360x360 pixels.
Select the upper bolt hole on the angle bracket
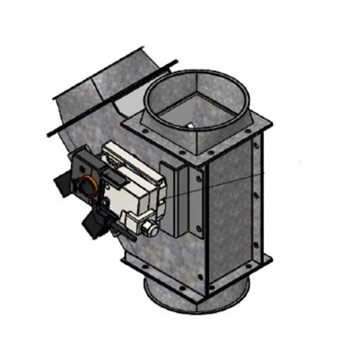click(199, 179)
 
